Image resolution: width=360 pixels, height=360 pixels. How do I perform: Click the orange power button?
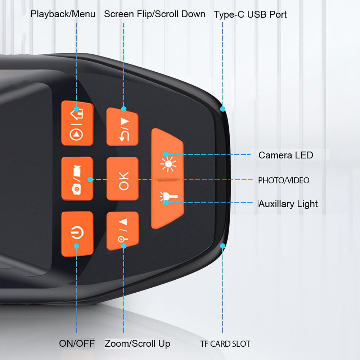pyautogui.click(x=77, y=234)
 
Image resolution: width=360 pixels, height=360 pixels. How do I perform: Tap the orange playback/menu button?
pyautogui.click(x=77, y=123)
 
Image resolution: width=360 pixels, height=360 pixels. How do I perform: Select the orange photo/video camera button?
pyautogui.click(x=77, y=179)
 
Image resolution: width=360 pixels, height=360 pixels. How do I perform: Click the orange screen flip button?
pyautogui.click(x=122, y=126)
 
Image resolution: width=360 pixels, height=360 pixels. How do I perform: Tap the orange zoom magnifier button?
pyautogui.click(x=122, y=230)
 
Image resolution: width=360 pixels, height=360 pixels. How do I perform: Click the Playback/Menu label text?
pyautogui.click(x=63, y=14)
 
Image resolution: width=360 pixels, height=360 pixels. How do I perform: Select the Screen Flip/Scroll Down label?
pyautogui.click(x=155, y=14)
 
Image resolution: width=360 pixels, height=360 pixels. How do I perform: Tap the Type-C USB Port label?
pyautogui.click(x=250, y=15)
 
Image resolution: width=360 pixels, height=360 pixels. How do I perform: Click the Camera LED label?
pyautogui.click(x=286, y=155)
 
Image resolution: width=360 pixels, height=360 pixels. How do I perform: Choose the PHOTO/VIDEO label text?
pyautogui.click(x=284, y=180)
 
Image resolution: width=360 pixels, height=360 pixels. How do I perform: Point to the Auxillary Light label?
pyautogui.click(x=288, y=204)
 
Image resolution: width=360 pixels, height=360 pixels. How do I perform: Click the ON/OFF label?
pyautogui.click(x=77, y=343)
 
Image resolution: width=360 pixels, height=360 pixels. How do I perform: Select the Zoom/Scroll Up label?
pyautogui.click(x=137, y=343)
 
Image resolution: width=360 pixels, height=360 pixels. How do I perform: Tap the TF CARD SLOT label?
pyautogui.click(x=225, y=344)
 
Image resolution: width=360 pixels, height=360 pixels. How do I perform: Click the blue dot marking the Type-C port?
pyautogui.click(x=223, y=109)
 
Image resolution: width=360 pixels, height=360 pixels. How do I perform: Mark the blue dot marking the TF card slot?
pyautogui.click(x=223, y=246)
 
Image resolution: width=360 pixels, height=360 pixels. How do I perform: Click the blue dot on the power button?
pyautogui.click(x=76, y=246)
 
